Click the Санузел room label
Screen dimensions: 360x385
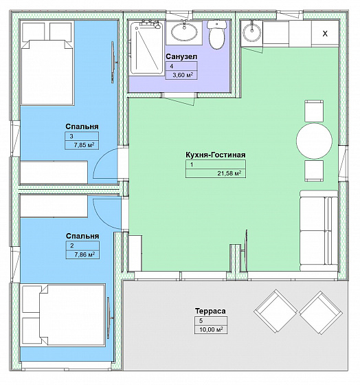(x=181, y=56)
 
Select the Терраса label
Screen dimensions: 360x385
(x=210, y=311)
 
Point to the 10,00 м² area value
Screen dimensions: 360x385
(x=211, y=329)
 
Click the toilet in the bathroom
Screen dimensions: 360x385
(x=216, y=34)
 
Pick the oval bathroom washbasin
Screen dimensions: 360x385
(x=184, y=32)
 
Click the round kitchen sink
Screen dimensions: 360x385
(x=252, y=32)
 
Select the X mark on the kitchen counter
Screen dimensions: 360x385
(x=325, y=34)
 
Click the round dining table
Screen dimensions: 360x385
(x=314, y=141)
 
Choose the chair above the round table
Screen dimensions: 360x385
(x=314, y=111)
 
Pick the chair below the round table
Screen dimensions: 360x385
(x=314, y=171)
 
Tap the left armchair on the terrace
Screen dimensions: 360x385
(x=275, y=311)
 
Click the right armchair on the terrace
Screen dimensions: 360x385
(x=321, y=313)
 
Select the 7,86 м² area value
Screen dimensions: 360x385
(x=85, y=254)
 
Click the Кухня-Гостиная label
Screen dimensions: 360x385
(x=216, y=155)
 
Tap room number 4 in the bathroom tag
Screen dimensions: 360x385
(x=172, y=66)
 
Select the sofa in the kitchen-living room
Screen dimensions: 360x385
(x=319, y=230)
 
